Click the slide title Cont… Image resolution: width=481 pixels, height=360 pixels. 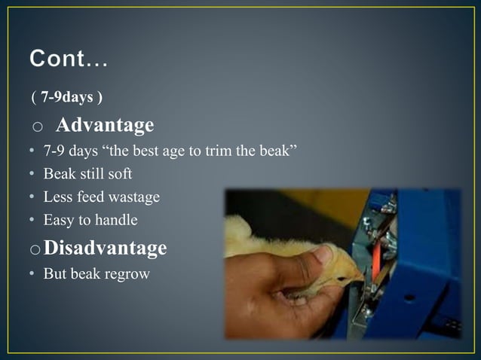pyautogui.click(x=69, y=59)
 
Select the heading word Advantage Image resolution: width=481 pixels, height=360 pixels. pyautogui.click(x=105, y=124)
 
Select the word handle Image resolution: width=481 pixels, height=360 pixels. pyautogui.click(x=116, y=221)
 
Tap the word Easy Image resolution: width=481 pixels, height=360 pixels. pyautogui.click(x=58, y=221)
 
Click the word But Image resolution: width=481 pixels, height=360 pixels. pyautogui.click(x=55, y=273)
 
